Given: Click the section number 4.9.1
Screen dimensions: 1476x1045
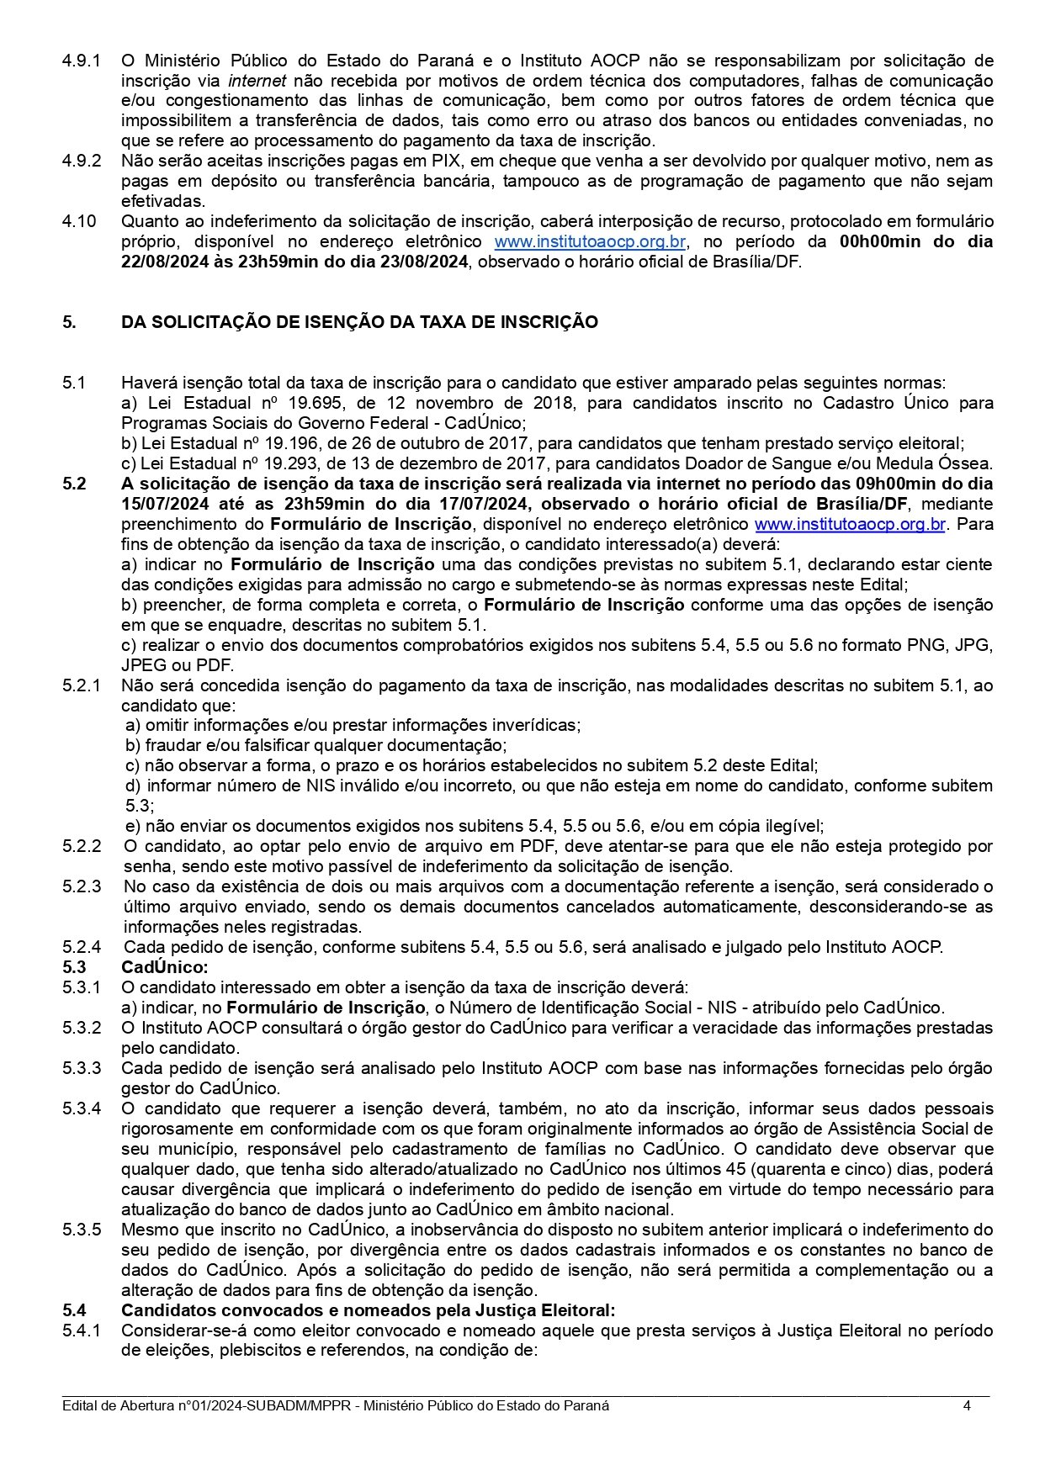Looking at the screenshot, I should [82, 61].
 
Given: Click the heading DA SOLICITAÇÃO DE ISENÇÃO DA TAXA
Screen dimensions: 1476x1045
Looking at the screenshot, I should [359, 322].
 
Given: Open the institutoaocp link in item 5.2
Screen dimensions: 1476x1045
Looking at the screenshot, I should [850, 524].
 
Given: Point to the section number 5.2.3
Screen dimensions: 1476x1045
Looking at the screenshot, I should [82, 886].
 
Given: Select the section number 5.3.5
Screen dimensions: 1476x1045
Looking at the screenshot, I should [82, 1230].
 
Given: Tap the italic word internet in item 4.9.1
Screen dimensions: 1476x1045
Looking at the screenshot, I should [257, 81].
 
